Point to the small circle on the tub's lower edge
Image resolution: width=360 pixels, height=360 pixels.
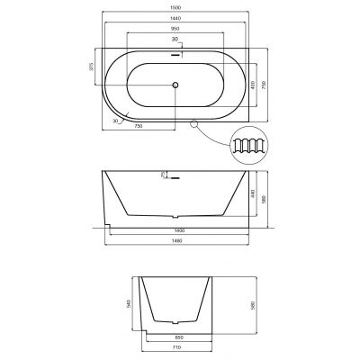[195, 123]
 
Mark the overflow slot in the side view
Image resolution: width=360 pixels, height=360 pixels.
[175, 177]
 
